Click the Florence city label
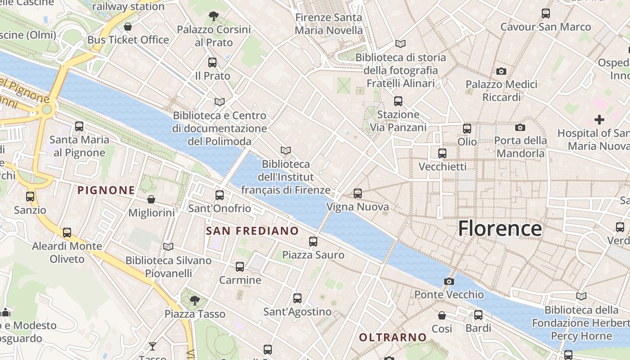point(499,229)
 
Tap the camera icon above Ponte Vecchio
point(449,282)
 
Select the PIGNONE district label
point(106,190)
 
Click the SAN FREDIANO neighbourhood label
point(252,231)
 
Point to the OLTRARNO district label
point(392,337)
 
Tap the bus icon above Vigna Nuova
point(358,193)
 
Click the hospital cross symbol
point(599,120)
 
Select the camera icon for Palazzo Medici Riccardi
point(501,71)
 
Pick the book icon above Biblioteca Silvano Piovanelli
point(168,247)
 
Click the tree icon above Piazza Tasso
point(194,300)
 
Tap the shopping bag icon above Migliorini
point(151,199)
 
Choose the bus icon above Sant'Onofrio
point(220,195)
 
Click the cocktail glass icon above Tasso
point(153,346)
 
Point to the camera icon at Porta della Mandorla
point(520,127)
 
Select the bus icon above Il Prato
point(212,63)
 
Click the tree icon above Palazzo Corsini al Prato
point(214,17)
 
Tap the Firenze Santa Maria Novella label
point(328,24)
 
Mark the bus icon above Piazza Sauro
point(313,242)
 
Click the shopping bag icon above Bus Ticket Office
point(128,27)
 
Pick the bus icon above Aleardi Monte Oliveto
point(67,233)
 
